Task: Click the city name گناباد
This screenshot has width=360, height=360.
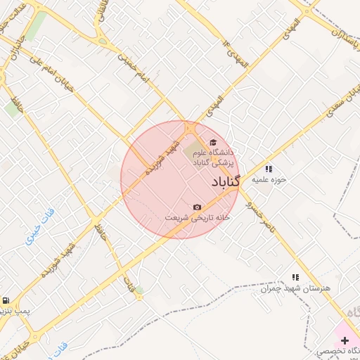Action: click(225, 182)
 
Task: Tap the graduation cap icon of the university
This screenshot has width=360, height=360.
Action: click(213, 143)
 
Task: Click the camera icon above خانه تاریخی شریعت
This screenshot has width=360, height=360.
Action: click(197, 207)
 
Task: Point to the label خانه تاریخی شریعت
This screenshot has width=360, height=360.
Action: click(198, 217)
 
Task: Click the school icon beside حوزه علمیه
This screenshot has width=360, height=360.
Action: click(269, 169)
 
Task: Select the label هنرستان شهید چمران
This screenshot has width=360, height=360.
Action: click(295, 288)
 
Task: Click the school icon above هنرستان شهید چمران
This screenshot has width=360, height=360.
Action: click(295, 278)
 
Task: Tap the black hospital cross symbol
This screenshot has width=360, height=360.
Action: click(344, 340)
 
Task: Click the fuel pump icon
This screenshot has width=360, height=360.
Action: click(5, 300)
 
